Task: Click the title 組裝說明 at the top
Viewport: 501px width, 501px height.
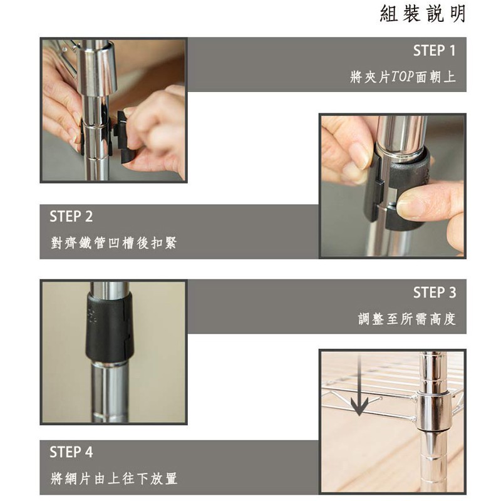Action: [423, 14]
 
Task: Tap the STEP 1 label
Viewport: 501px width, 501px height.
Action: [434, 51]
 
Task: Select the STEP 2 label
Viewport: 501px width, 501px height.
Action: [71, 216]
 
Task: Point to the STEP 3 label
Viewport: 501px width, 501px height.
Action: [435, 292]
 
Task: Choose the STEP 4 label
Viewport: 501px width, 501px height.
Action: [71, 452]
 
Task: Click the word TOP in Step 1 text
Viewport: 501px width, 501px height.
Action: [403, 76]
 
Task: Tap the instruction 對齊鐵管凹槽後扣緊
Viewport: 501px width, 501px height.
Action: [114, 243]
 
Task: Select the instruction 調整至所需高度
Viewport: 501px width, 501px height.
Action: [406, 319]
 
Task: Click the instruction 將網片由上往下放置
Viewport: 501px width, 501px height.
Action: [114, 478]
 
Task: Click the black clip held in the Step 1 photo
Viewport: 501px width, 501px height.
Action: [125, 137]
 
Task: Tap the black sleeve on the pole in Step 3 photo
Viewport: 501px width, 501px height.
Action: [109, 327]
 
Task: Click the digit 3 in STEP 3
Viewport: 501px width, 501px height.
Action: [452, 292]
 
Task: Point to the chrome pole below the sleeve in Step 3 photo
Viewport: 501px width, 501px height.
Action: [108, 393]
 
